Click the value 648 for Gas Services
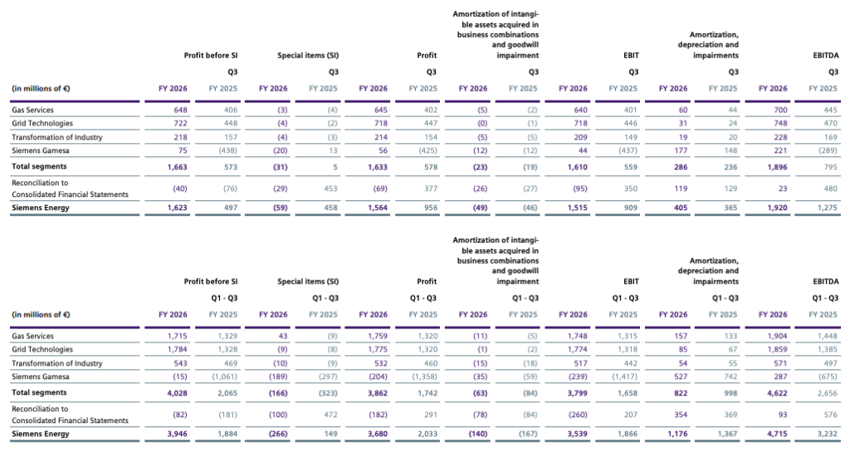point(180,110)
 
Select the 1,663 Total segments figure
point(178,167)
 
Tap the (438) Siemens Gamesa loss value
point(227,150)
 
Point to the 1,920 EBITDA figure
point(777,208)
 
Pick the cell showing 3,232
point(828,434)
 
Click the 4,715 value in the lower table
point(777,434)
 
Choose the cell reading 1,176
point(677,434)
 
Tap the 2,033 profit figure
point(427,434)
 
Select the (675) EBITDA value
point(828,377)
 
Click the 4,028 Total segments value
point(178,393)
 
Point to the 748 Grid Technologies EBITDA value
point(780,123)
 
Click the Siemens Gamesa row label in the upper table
point(40,150)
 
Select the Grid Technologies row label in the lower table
point(42,349)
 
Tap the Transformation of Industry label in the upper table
point(57,137)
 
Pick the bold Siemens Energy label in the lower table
point(40,434)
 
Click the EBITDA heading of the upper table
point(826,56)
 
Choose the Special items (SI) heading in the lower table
point(308,282)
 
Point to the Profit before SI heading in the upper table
point(210,56)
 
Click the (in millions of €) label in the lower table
point(41,315)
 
